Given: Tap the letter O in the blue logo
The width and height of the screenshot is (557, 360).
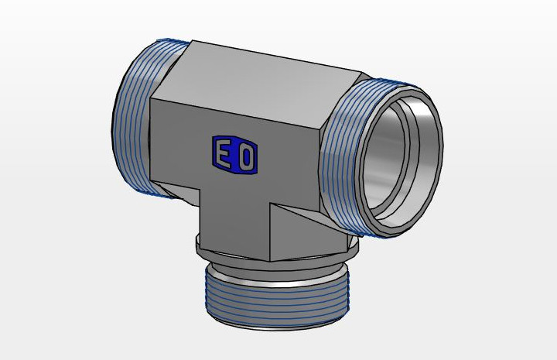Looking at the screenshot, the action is [246, 158].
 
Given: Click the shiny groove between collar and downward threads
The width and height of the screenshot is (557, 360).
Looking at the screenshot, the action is [277, 277].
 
